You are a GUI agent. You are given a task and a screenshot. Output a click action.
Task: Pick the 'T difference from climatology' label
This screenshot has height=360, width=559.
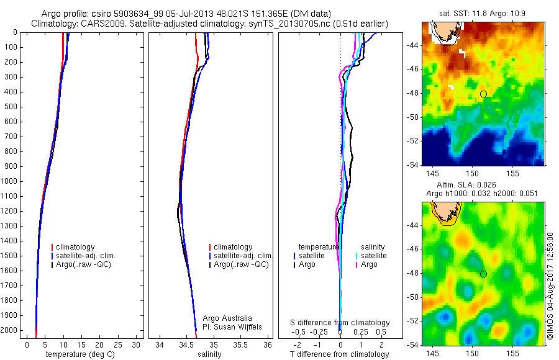[339, 354]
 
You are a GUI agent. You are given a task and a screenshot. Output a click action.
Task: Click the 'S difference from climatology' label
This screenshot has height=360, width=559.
[340, 323]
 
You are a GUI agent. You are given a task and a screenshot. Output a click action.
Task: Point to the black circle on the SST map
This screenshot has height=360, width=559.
[483, 94]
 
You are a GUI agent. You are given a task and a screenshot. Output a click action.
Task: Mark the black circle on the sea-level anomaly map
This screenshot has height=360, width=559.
[483, 274]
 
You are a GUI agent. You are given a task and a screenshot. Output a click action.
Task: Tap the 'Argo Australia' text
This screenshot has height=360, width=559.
[227, 318]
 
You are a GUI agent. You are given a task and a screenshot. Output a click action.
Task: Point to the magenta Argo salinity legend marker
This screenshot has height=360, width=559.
[357, 265]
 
